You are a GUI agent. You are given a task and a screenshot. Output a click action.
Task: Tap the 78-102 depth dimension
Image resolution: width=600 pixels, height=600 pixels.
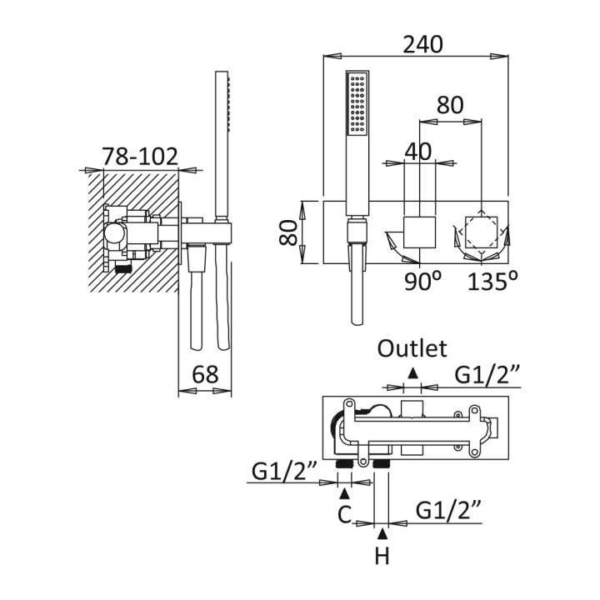pos(140,156)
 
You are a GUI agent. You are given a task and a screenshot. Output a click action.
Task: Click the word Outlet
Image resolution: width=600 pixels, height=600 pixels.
pos(412,347)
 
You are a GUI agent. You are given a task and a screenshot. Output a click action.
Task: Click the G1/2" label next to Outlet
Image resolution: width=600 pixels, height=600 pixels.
pos(487,375)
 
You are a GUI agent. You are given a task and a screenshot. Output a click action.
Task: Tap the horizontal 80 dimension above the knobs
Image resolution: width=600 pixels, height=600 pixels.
pos(450,106)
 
